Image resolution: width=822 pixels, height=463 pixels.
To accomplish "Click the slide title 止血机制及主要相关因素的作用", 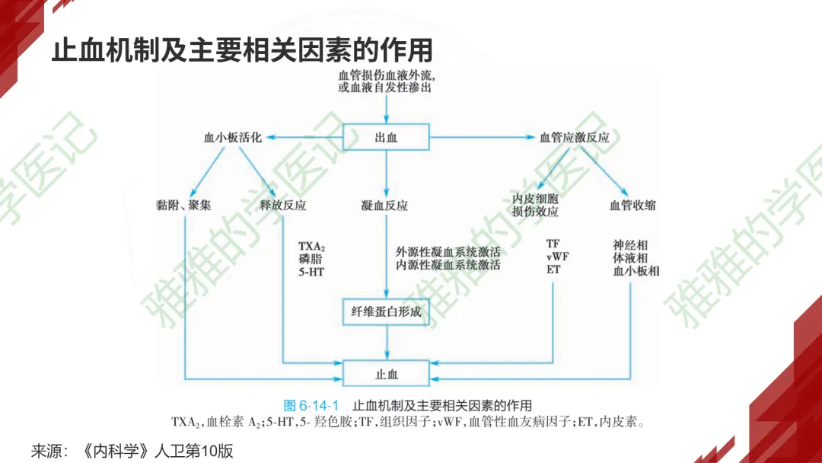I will point(242,51).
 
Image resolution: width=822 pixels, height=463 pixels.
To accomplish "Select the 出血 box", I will point(387,138).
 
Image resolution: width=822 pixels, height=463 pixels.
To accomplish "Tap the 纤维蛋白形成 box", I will point(387,312).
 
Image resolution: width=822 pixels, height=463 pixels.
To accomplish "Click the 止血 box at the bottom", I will point(387,374).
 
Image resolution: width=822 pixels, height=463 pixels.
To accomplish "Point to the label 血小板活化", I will point(232,138).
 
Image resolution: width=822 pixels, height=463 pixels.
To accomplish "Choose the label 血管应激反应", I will point(575,138).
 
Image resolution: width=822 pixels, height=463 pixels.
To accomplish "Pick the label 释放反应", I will point(282,205).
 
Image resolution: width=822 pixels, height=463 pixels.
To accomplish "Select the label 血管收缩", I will point(632,205).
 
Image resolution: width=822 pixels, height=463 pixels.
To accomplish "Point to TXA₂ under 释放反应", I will point(311,247).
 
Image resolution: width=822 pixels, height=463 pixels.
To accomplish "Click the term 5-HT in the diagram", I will point(311,271).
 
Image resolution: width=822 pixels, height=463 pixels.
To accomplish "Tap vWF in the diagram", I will point(557,257).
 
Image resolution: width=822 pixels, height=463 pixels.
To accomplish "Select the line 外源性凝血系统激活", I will point(448,252).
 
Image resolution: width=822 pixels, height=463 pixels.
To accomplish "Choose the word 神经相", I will point(630,245).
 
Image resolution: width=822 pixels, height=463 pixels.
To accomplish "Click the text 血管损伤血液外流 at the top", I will point(387,75).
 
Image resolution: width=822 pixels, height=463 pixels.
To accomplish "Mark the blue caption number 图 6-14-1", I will point(311,405).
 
